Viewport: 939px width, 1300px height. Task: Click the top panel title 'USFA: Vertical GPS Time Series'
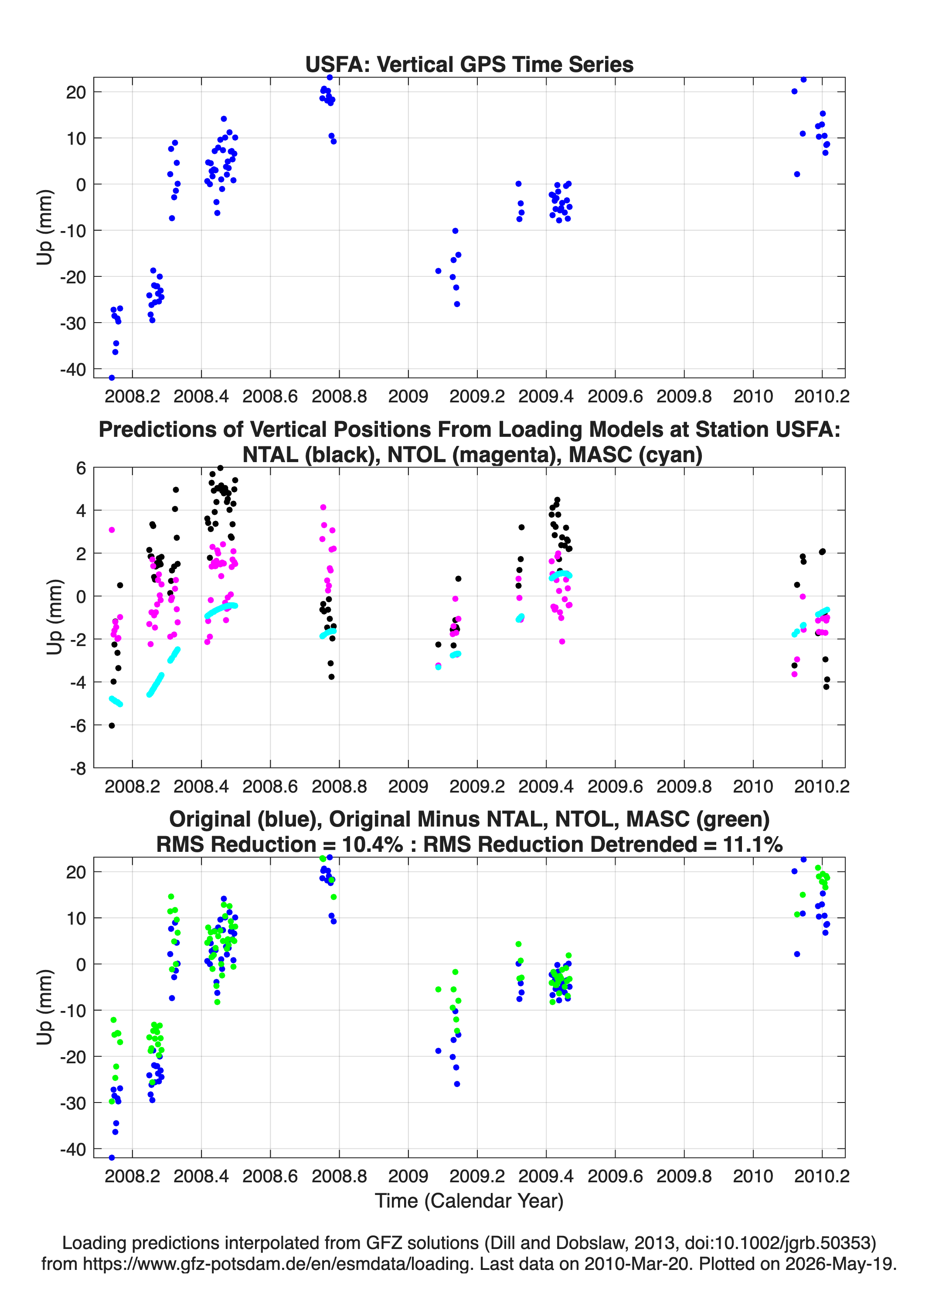pos(469,65)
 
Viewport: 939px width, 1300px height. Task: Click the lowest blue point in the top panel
pos(112,378)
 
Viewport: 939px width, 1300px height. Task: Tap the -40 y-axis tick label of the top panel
pos(73,370)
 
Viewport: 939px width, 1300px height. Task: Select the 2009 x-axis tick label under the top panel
pos(408,396)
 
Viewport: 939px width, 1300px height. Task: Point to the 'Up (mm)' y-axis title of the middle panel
pos(54,617)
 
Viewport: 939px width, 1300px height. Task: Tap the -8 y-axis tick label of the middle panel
pos(78,769)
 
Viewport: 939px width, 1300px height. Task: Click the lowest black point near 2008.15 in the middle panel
pos(112,726)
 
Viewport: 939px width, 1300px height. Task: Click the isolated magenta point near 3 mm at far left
pos(112,530)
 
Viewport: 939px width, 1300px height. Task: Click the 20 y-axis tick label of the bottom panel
pos(76,872)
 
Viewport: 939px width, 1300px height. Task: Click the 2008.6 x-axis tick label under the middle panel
pos(270,786)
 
